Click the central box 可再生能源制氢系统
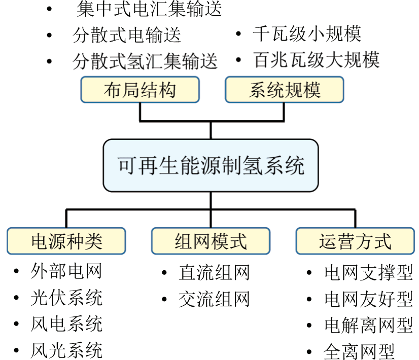(211, 166)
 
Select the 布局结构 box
(140, 90)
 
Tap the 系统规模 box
(284, 90)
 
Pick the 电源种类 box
(66, 241)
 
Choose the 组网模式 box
(211, 241)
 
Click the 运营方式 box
(355, 241)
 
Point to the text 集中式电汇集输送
(149, 9)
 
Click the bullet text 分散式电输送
(127, 35)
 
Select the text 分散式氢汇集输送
(145, 61)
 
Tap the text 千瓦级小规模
(307, 34)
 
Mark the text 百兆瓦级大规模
(317, 60)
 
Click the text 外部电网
(66, 271)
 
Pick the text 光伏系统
(66, 298)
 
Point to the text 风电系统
(66, 324)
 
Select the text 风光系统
(66, 350)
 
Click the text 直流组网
(214, 272)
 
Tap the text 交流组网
(214, 299)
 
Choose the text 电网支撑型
(369, 273)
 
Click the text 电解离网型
(369, 326)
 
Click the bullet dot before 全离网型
(309, 352)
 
